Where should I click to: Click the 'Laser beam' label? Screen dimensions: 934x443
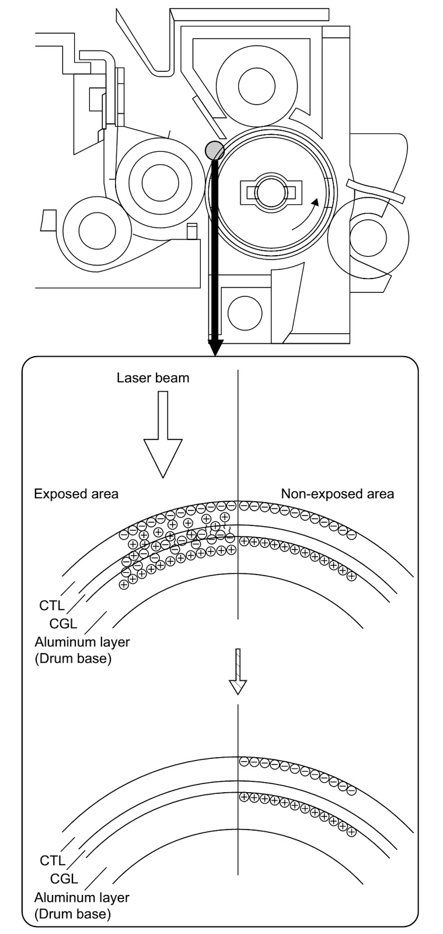pyautogui.click(x=153, y=378)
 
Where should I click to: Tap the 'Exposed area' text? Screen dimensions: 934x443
pyautogui.click(x=76, y=494)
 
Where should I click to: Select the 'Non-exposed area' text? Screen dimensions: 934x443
pyautogui.click(x=337, y=494)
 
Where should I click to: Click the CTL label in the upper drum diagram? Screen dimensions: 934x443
pyautogui.click(x=52, y=605)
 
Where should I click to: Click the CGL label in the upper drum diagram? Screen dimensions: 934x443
pyautogui.click(x=64, y=624)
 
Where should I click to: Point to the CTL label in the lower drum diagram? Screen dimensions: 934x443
pyautogui.click(x=52, y=860)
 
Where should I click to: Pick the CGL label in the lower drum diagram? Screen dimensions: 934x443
pyautogui.click(x=64, y=879)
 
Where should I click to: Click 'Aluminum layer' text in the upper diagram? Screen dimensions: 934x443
pyautogui.click(x=82, y=642)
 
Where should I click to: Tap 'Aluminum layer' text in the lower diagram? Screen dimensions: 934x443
pyautogui.click(x=82, y=897)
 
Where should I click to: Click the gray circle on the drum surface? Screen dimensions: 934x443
pyautogui.click(x=214, y=150)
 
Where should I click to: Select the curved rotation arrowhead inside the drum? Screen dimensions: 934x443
pyautogui.click(x=316, y=203)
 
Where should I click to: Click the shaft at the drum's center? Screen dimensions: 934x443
pyautogui.click(x=270, y=191)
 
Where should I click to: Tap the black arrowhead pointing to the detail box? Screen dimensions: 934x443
pyautogui.click(x=215, y=349)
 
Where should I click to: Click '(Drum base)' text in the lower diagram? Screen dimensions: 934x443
pyautogui.click(x=72, y=914)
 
